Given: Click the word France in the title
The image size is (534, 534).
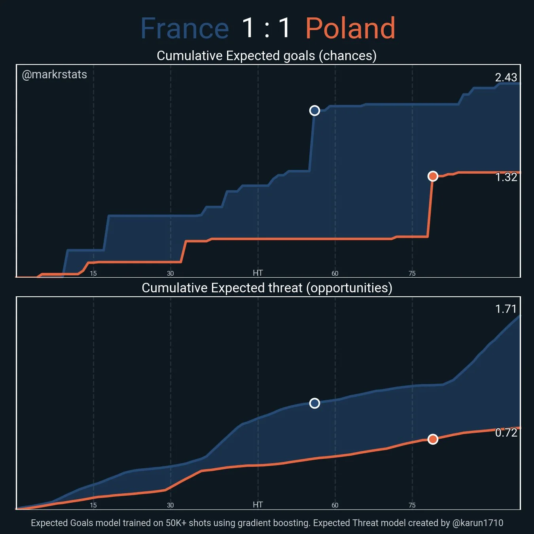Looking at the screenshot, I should (x=185, y=28).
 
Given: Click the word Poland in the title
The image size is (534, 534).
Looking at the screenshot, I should (x=350, y=28).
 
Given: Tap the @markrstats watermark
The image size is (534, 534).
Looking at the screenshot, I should (x=55, y=74).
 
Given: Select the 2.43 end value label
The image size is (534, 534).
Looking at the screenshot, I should (x=506, y=77).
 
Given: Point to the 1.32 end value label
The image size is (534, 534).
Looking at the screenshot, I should (x=506, y=177).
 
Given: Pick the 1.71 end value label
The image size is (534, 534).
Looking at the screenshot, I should (x=506, y=309).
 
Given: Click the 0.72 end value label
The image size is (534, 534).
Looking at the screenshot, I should (x=506, y=433).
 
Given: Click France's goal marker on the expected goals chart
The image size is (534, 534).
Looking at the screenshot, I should (x=314, y=110).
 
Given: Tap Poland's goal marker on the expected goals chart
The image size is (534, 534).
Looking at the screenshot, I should (x=433, y=176).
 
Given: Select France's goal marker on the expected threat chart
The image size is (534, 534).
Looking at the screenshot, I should (x=314, y=403).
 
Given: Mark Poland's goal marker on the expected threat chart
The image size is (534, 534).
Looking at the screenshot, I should (x=433, y=439).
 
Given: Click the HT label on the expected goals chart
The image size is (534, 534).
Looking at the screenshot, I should (x=258, y=273).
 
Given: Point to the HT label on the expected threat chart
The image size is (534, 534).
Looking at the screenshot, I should (x=258, y=505).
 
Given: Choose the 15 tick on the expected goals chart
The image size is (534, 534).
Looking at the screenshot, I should (x=93, y=273).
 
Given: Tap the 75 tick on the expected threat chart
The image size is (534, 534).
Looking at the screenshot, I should (x=412, y=505).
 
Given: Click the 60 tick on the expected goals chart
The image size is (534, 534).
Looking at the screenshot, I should (x=335, y=273).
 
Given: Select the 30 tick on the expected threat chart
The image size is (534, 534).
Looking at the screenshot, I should (x=170, y=505).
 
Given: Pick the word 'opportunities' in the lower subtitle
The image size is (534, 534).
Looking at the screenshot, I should (x=349, y=288).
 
